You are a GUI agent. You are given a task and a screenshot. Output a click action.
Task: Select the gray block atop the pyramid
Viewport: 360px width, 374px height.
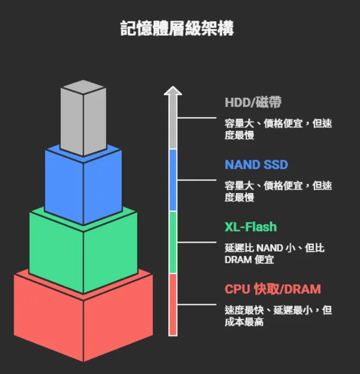[x=83, y=118]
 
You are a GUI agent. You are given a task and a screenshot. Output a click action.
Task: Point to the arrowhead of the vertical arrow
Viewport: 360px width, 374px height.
[x=172, y=90]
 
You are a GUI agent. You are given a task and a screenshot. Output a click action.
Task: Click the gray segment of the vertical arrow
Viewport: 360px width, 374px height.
[x=172, y=124]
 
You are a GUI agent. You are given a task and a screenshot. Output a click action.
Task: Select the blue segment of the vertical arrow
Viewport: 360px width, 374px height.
[x=172, y=180]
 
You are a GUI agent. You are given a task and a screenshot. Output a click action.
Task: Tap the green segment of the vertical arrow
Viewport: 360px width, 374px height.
[x=172, y=242]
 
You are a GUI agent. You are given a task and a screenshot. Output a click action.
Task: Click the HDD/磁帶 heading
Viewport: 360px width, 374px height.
[x=253, y=103]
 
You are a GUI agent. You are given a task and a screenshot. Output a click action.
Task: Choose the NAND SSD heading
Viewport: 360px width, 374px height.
[x=256, y=165]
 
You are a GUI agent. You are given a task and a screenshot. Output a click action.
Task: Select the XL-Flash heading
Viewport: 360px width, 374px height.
[x=250, y=227]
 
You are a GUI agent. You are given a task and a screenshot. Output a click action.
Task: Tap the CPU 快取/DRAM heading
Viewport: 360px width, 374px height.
[x=272, y=289]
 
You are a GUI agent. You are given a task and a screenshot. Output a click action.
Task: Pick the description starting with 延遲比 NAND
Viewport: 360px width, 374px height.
[x=274, y=254]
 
